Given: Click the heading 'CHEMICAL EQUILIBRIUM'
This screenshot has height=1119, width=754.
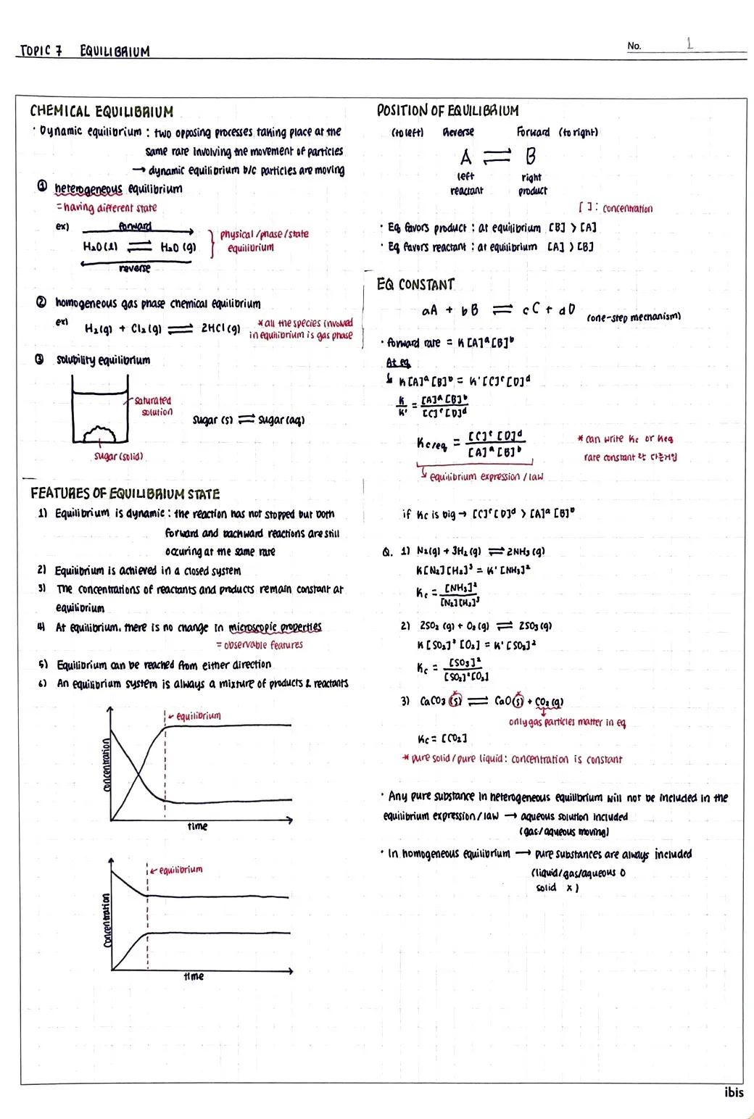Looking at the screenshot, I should pyautogui.click(x=101, y=112).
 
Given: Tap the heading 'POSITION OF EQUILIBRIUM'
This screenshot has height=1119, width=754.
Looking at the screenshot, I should pyautogui.click(x=447, y=111).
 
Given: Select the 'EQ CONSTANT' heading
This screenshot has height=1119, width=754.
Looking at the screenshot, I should pyautogui.click(x=415, y=284).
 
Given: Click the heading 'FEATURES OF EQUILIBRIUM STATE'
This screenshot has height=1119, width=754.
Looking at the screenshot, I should pyautogui.click(x=125, y=494).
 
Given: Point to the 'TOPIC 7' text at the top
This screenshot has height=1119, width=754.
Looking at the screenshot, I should pyautogui.click(x=41, y=51).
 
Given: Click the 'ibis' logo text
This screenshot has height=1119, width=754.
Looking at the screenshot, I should pyautogui.click(x=734, y=1092).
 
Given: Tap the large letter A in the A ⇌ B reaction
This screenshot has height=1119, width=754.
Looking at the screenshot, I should pyautogui.click(x=465, y=157).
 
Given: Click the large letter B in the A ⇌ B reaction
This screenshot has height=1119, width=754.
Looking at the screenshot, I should pyautogui.click(x=531, y=157).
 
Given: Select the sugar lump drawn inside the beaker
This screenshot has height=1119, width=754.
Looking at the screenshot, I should pyautogui.click(x=99, y=434).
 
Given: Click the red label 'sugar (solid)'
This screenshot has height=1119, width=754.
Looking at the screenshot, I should pyautogui.click(x=118, y=457).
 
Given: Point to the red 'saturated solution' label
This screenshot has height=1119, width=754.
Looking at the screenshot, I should pyautogui.click(x=154, y=406).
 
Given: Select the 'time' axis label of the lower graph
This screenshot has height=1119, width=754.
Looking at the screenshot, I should pyautogui.click(x=194, y=976).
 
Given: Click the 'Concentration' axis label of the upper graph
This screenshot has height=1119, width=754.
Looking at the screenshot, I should pyautogui.click(x=106, y=765).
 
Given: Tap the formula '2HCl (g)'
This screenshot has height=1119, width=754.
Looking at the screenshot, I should pyautogui.click(x=220, y=328).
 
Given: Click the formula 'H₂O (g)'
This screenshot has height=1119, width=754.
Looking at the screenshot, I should pyautogui.click(x=178, y=247).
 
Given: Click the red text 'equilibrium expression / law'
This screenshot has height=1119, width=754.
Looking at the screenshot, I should pyautogui.click(x=486, y=477).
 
